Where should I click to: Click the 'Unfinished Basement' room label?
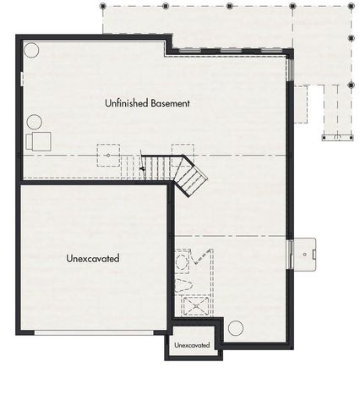(147, 103)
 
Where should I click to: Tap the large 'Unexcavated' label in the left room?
(92, 258)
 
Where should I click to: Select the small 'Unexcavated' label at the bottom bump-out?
(191, 346)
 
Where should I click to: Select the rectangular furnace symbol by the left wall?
(39, 140)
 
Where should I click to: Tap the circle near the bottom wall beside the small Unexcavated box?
(236, 327)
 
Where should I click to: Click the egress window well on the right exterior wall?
(302, 251)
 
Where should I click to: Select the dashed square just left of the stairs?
(108, 156)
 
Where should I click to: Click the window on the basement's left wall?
(20, 79)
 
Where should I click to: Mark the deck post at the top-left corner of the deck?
(103, 6)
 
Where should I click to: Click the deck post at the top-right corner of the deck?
(349, 6)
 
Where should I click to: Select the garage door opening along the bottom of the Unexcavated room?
(94, 332)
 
